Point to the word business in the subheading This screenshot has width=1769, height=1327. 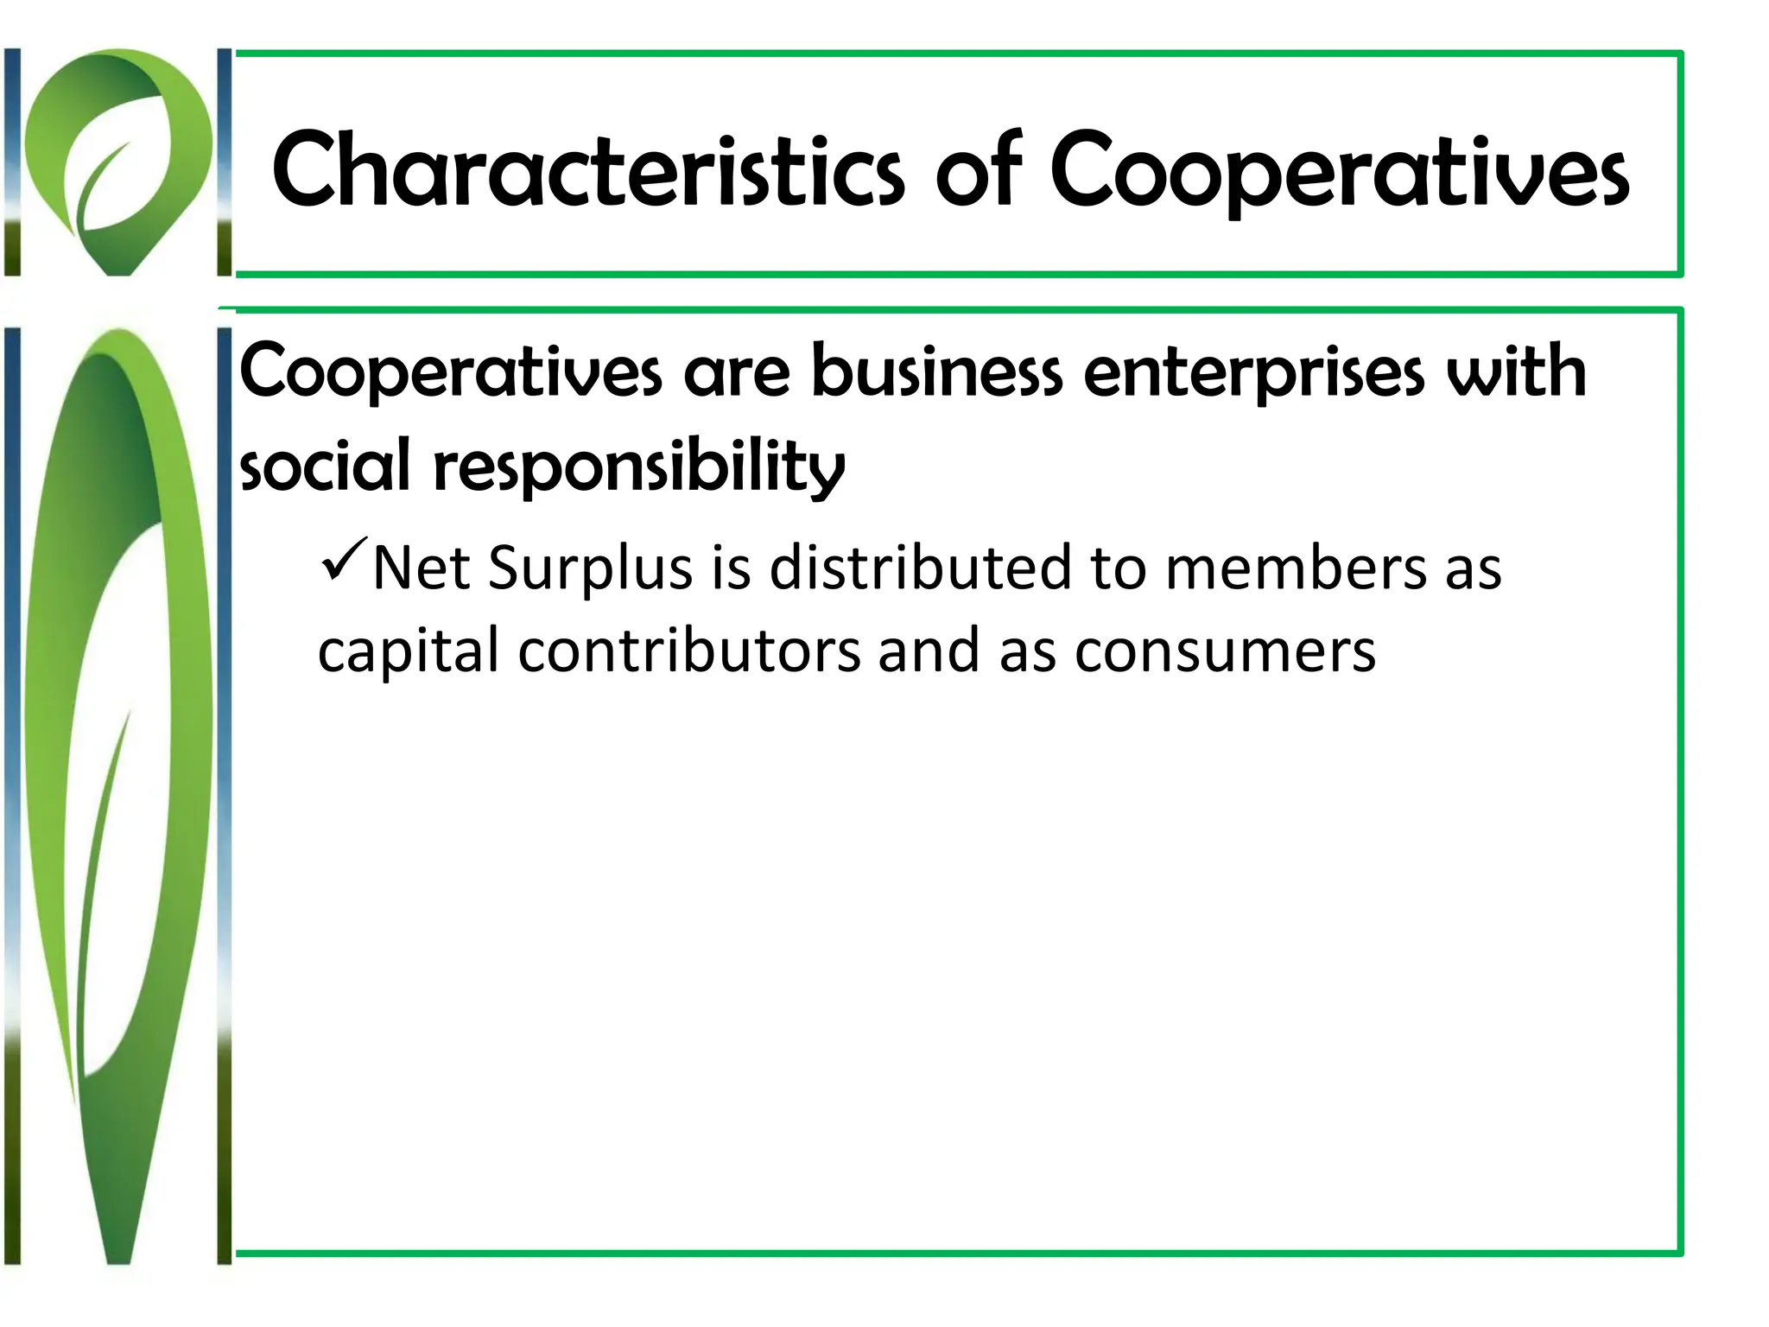click(x=936, y=371)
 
